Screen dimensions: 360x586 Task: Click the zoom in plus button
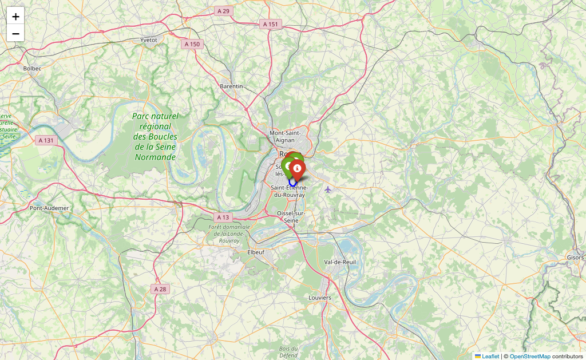[15, 16]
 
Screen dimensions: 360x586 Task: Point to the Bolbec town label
[33, 68]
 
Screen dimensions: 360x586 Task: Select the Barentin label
[231, 86]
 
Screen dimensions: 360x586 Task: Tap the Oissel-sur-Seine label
[291, 216]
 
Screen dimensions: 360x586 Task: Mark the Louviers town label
[319, 298]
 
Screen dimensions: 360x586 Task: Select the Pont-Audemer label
[49, 208]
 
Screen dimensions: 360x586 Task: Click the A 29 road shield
[223, 11]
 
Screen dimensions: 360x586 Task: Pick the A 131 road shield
[46, 140]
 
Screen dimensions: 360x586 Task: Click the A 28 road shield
[160, 289]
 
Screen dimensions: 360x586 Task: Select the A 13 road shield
[223, 217]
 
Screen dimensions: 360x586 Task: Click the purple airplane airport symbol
[328, 189]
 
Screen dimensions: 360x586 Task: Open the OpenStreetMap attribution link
[530, 356]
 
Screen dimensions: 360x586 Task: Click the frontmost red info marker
[297, 169]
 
